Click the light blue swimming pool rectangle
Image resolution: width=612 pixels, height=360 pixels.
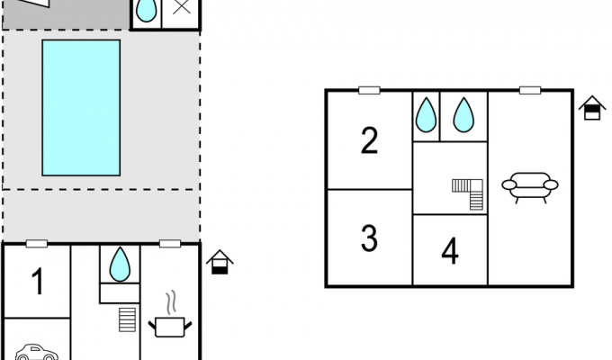(81, 108)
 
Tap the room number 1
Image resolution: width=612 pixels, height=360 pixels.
(38, 282)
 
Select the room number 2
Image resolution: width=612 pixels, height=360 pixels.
(369, 140)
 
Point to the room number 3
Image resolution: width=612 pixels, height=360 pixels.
(369, 238)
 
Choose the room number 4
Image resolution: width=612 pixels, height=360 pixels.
(450, 251)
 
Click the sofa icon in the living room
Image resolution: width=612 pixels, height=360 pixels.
(529, 187)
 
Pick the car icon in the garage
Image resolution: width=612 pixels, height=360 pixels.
(37, 352)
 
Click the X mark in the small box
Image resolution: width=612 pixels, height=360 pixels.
(182, 6)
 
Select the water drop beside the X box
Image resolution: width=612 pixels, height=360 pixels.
(147, 10)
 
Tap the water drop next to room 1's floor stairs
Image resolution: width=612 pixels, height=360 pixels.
(120, 265)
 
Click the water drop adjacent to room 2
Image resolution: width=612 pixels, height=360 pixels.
(426, 115)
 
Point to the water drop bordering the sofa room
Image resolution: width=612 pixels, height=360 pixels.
(463, 115)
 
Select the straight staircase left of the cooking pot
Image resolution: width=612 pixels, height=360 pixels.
(127, 319)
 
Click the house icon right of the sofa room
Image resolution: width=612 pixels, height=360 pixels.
(592, 108)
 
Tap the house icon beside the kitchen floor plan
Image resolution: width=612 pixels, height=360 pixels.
(220, 262)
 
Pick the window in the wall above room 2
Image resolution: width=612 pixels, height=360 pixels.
(369, 91)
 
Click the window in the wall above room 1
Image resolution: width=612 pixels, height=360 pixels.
(37, 244)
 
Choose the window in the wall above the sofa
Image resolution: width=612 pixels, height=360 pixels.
(530, 91)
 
